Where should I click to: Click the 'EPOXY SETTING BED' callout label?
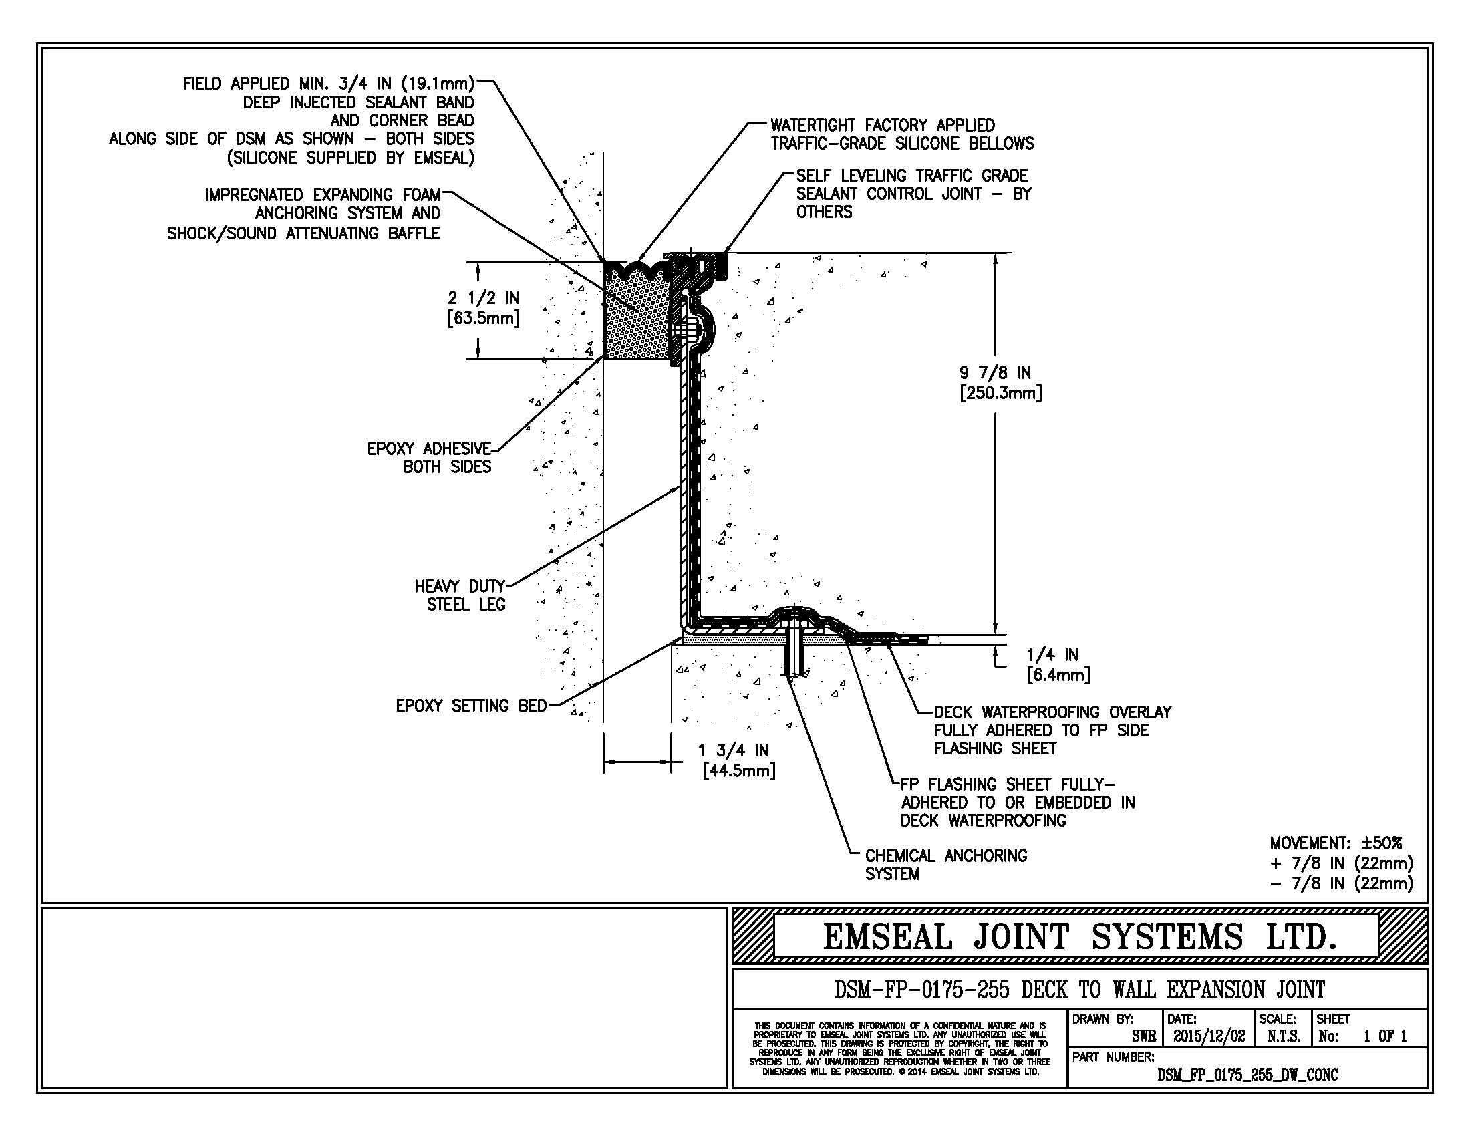point(470,705)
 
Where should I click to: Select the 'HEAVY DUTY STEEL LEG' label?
point(460,595)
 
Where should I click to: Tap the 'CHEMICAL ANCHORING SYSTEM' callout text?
point(945,865)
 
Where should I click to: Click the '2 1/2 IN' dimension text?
point(483,297)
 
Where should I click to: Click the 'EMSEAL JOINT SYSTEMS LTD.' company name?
point(1079,937)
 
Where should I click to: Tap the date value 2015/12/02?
point(1209,1036)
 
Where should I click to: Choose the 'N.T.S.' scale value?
point(1283,1036)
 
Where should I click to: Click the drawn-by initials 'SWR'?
point(1143,1037)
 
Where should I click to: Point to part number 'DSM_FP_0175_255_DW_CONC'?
point(1247,1075)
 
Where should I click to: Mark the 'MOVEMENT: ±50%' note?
point(1336,843)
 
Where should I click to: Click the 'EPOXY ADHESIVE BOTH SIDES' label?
point(430,458)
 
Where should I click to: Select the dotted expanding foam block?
point(636,323)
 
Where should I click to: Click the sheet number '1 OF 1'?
point(1385,1036)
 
